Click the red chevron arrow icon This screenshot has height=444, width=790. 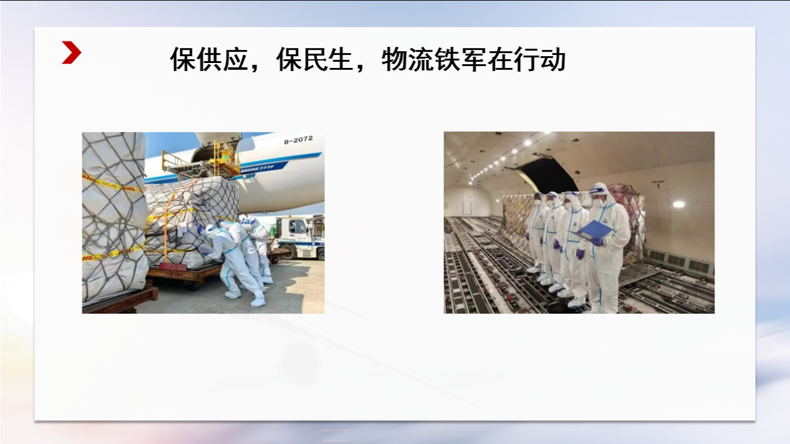click(72, 52)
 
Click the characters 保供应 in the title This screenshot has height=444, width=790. click(209, 60)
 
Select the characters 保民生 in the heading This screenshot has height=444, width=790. click(315, 60)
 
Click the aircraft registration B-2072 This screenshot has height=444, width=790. click(299, 140)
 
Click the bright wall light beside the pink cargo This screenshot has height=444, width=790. click(678, 204)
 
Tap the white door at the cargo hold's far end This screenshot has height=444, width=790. click(467, 206)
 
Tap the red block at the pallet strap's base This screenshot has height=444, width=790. click(173, 267)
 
